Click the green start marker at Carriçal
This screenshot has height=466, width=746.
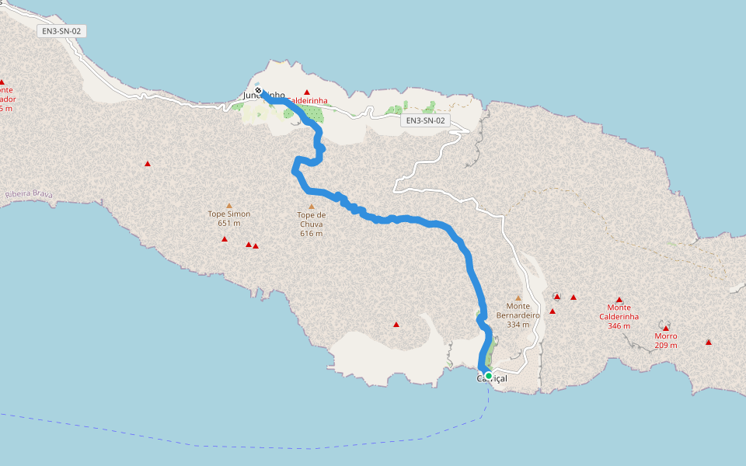click(488, 376)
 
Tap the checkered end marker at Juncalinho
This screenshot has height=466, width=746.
click(258, 91)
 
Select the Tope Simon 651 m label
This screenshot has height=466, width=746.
click(228, 218)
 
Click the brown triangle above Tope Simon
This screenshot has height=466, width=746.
click(228, 206)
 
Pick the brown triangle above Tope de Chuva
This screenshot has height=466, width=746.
click(311, 207)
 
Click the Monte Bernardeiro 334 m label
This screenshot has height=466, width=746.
click(518, 315)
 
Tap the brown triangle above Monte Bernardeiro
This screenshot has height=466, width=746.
click(518, 298)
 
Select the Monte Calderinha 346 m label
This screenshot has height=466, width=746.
click(619, 316)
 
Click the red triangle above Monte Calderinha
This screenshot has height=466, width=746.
click(619, 300)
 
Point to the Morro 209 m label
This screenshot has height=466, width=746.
click(665, 340)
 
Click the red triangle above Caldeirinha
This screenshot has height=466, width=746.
click(306, 92)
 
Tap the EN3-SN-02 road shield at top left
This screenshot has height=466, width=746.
click(61, 31)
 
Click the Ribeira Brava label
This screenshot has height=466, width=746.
click(28, 195)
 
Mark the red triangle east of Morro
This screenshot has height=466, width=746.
click(709, 343)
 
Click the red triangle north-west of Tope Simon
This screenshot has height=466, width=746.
click(148, 164)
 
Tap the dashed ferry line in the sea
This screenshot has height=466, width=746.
click(233, 446)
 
